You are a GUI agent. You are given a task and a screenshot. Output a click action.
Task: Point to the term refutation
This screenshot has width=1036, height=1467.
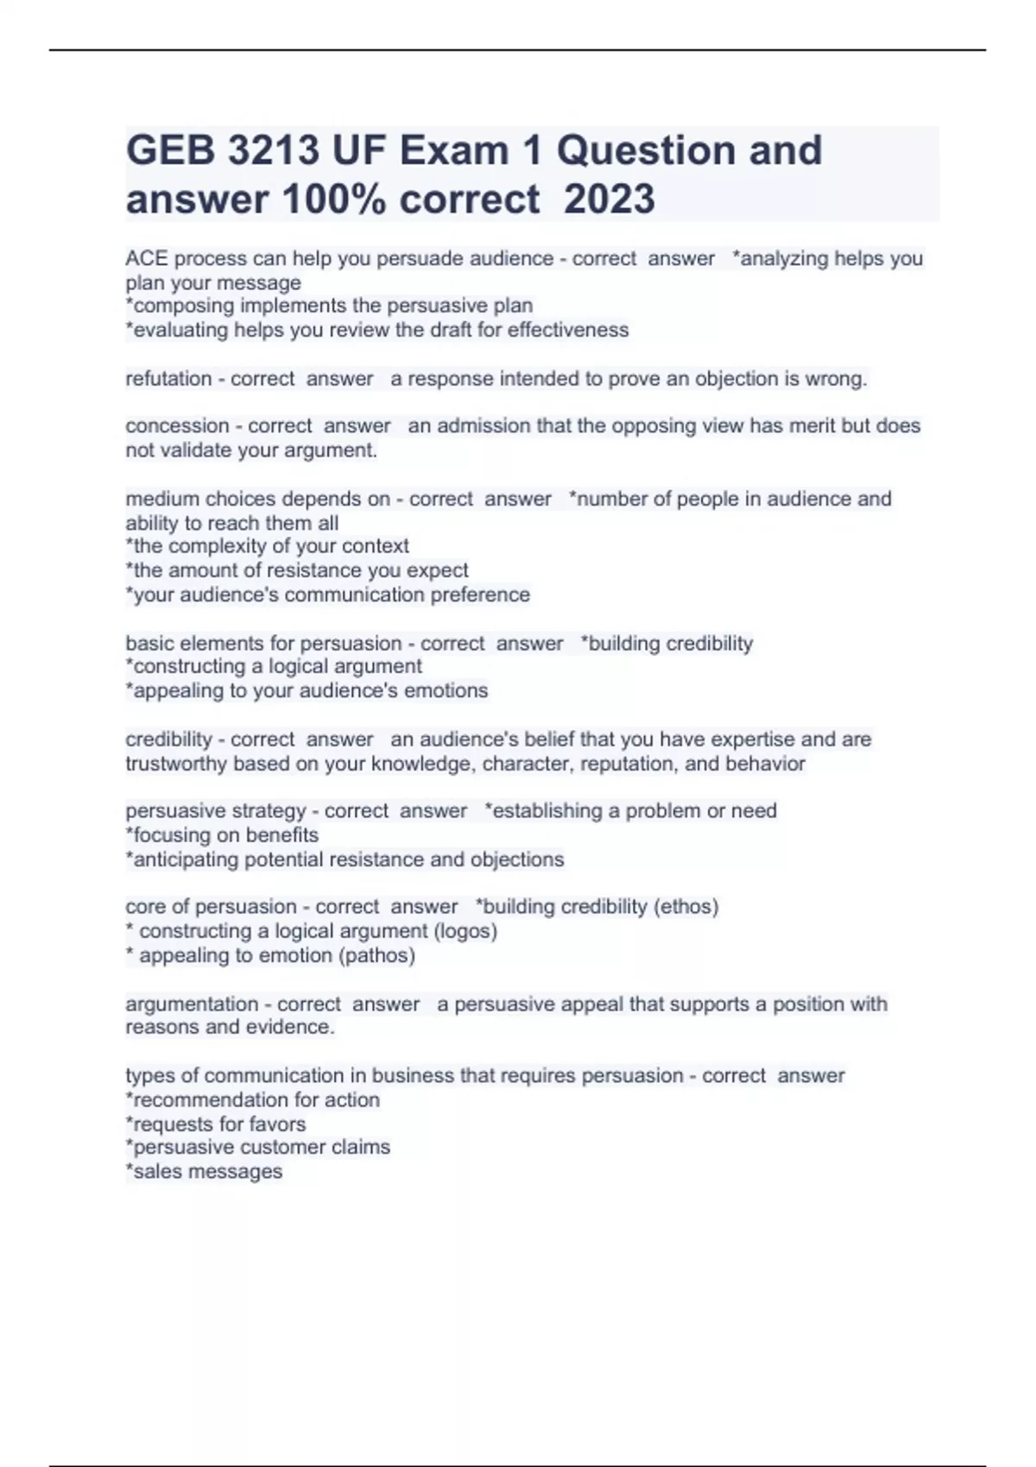168,379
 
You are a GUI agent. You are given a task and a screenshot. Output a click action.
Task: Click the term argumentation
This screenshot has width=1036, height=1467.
192,1004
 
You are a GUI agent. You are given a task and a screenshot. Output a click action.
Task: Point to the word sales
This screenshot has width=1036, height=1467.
155,1172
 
